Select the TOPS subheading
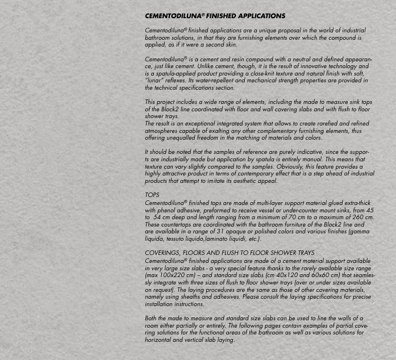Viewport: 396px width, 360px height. point(152,195)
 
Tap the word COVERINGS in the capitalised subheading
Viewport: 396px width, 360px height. point(164,253)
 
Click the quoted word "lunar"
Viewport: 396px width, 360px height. point(155,81)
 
